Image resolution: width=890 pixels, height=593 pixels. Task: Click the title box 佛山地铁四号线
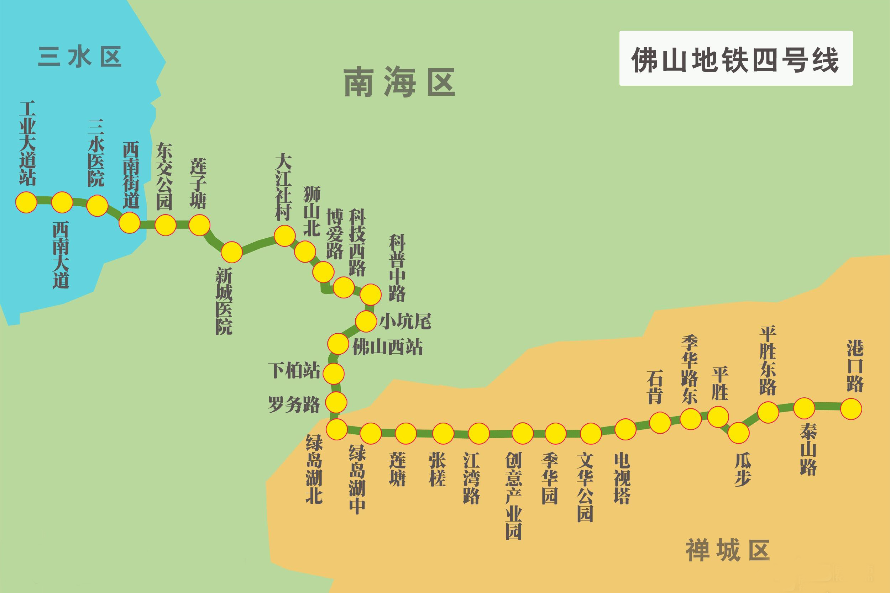(x=735, y=59)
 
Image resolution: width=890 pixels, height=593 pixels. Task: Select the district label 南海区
(x=399, y=83)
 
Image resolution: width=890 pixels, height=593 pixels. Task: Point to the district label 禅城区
(x=727, y=550)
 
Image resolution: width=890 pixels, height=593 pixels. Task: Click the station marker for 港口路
(x=851, y=409)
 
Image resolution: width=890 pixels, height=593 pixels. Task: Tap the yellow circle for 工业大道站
(x=26, y=202)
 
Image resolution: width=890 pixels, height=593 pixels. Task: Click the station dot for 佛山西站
(x=338, y=344)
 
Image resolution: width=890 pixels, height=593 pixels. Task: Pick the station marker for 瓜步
(x=739, y=433)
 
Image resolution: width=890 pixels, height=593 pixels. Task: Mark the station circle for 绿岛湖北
(x=336, y=429)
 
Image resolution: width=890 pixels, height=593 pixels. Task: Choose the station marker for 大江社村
(x=284, y=236)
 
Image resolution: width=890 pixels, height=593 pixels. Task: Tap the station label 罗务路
(x=294, y=404)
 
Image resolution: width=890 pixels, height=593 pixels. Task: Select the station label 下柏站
(x=294, y=370)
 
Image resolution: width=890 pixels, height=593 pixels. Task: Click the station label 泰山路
(x=808, y=450)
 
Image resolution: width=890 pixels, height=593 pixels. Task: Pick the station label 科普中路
(x=397, y=268)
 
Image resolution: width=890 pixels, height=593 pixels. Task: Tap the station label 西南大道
(x=61, y=256)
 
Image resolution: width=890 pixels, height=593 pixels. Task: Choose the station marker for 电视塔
(x=625, y=429)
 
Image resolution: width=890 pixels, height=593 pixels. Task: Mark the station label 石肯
(x=655, y=387)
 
